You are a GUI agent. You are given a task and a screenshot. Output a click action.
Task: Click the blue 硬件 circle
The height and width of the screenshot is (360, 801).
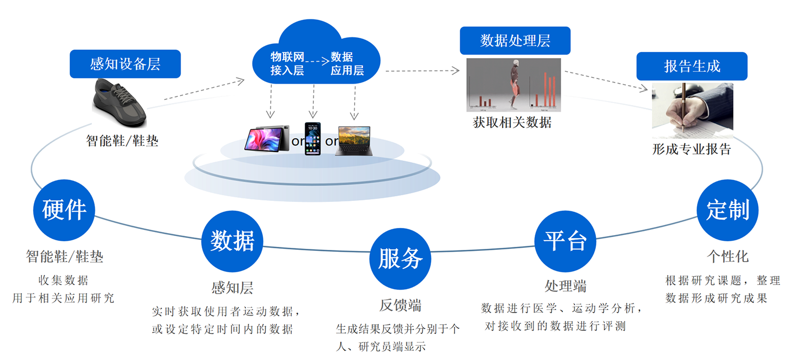pyautogui.click(x=64, y=210)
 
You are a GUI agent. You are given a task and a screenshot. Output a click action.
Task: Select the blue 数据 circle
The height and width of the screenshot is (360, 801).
pyautogui.click(x=233, y=241)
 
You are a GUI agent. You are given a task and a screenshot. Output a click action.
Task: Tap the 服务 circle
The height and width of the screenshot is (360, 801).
pyautogui.click(x=400, y=258)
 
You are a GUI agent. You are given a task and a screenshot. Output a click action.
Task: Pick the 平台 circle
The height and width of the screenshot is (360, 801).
pyautogui.click(x=565, y=241)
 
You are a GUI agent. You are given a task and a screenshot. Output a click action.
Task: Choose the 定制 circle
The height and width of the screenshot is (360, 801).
pyautogui.click(x=728, y=210)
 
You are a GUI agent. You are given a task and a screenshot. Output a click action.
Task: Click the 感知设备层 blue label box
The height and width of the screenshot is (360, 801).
pyautogui.click(x=125, y=64)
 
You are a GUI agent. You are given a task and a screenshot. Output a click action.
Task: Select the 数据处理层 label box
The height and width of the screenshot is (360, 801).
pyautogui.click(x=515, y=40)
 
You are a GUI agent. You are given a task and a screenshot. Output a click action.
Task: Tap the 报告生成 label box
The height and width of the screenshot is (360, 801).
pyautogui.click(x=692, y=66)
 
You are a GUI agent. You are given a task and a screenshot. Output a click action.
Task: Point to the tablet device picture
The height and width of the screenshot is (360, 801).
pyautogui.click(x=267, y=138)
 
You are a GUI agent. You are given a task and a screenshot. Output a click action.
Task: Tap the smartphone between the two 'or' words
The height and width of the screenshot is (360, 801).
pyautogui.click(x=312, y=138)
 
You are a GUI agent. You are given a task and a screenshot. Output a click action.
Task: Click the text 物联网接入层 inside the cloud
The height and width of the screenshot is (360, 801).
pyautogui.click(x=287, y=64)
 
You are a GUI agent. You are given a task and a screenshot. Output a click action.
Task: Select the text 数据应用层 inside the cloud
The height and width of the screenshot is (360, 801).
pyautogui.click(x=347, y=64)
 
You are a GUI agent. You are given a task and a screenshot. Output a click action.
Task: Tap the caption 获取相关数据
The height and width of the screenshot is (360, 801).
pyautogui.click(x=512, y=122)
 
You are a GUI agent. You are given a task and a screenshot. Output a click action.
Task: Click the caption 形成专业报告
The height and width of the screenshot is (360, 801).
pyautogui.click(x=691, y=149)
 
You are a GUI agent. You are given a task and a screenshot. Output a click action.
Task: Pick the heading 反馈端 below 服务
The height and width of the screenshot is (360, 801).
pyautogui.click(x=400, y=305)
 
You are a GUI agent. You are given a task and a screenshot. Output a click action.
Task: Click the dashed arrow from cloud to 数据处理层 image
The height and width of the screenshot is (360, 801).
pyautogui.click(x=422, y=71)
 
